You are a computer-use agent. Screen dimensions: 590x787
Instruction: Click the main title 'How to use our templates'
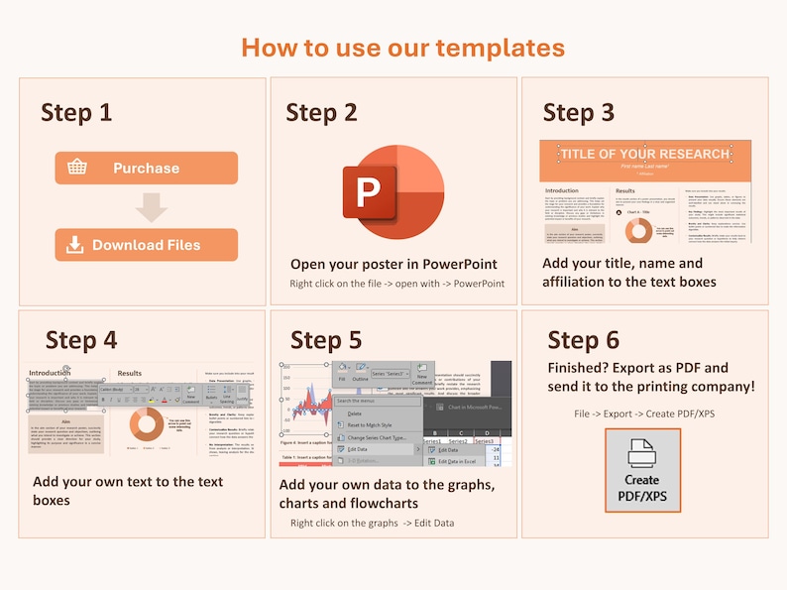point(402,47)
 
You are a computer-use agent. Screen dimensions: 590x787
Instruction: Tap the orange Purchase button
point(146,168)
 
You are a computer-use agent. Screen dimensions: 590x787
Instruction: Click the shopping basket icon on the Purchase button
point(77,167)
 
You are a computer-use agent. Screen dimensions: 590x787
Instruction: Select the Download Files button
point(146,245)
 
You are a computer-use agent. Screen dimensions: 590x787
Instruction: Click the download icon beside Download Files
point(74,245)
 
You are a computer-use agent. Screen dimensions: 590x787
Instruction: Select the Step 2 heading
point(321,112)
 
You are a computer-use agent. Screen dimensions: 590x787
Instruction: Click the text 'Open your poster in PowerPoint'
point(393,264)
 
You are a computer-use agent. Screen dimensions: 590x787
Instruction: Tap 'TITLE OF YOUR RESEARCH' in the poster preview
point(644,154)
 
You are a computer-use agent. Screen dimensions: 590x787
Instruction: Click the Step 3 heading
point(579,112)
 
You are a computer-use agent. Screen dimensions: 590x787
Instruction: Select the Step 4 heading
point(81,340)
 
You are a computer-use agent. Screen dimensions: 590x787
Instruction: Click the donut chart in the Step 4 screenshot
point(147,424)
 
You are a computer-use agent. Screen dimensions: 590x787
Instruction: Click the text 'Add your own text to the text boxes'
point(128,491)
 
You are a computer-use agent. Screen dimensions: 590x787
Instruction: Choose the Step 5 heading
point(326,340)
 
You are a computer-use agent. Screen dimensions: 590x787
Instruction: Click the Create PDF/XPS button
point(642,470)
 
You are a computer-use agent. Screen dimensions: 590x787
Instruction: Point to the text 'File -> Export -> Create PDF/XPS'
point(643,413)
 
